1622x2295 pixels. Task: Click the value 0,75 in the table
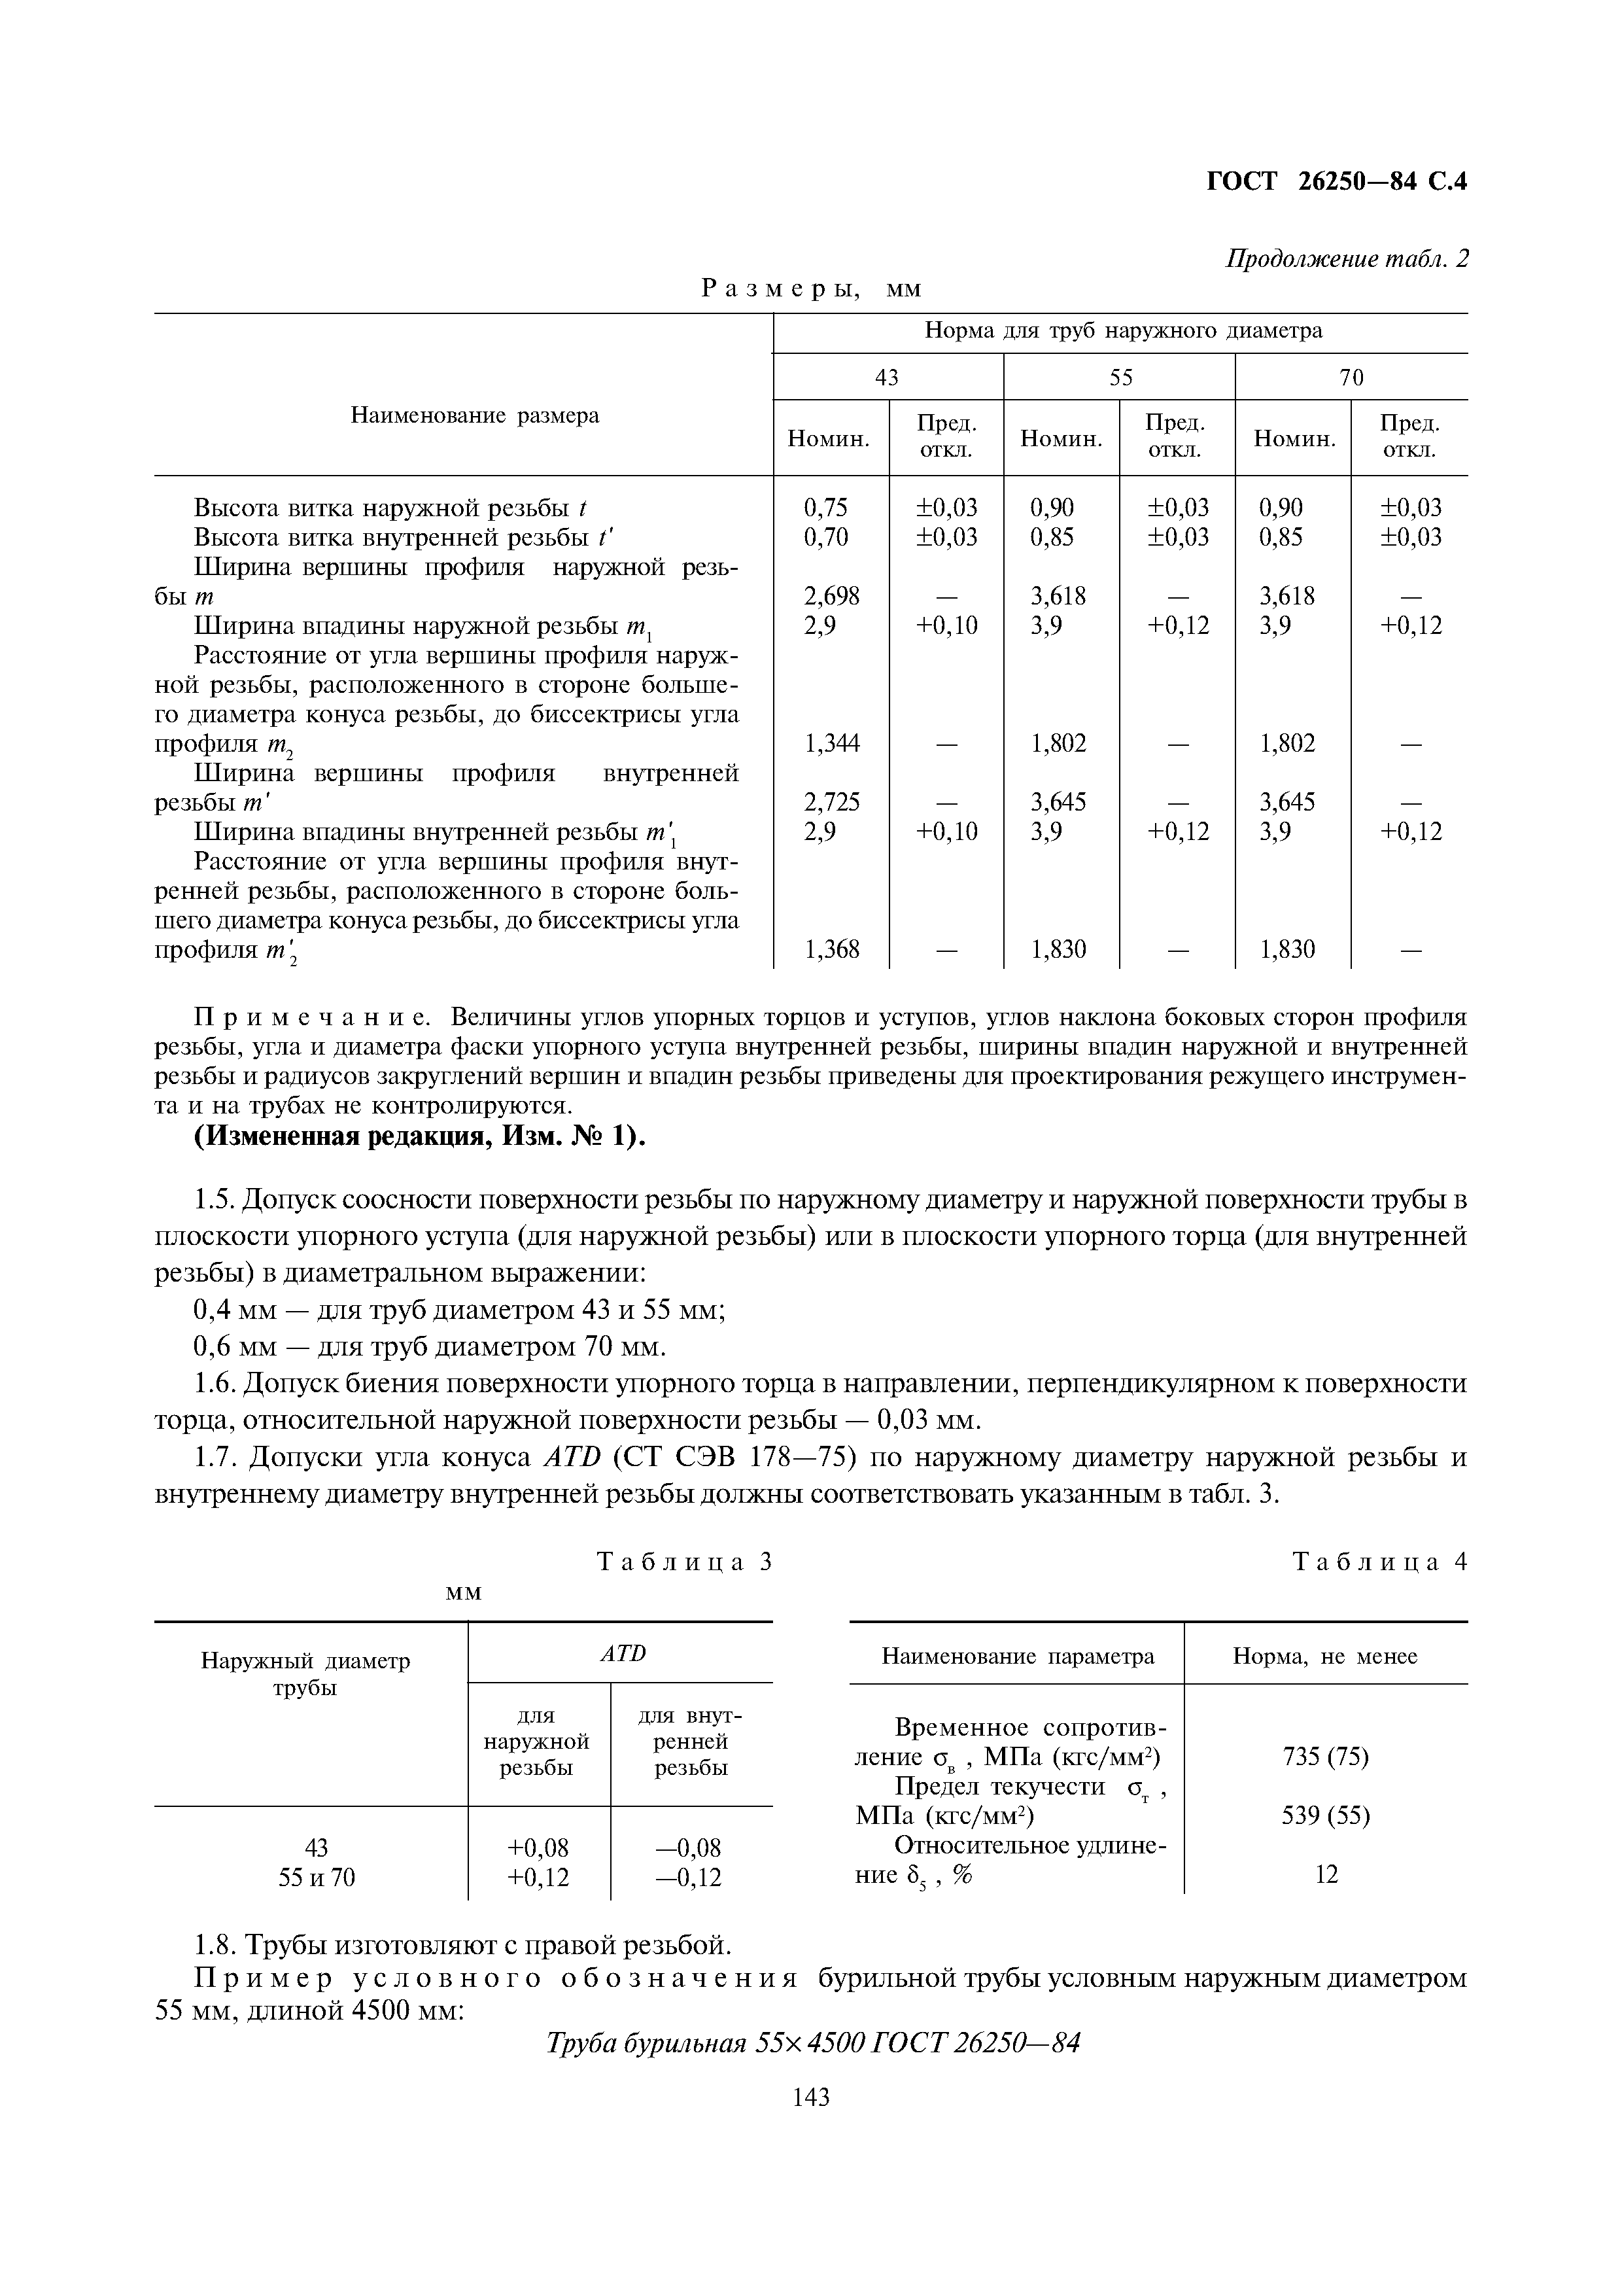point(825,508)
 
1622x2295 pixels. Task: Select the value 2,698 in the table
point(831,596)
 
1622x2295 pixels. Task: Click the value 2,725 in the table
point(831,801)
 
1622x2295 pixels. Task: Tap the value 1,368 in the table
point(831,949)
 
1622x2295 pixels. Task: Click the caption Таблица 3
point(685,1562)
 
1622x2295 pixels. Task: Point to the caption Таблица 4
point(1379,1562)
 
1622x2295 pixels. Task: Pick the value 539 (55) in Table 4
point(1325,1814)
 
